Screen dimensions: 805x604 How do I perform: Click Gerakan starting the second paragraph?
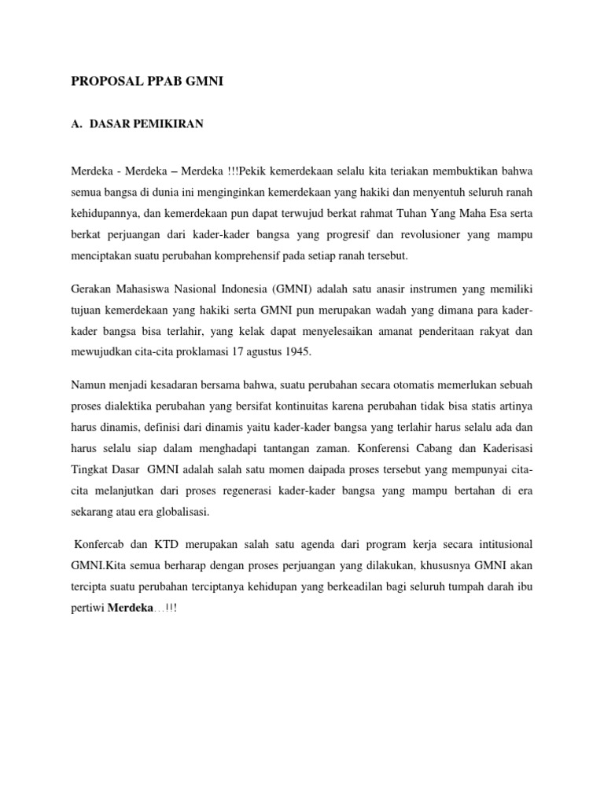click(92, 288)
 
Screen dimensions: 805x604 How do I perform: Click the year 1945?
click(295, 352)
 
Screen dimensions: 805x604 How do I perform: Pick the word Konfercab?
click(101, 545)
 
